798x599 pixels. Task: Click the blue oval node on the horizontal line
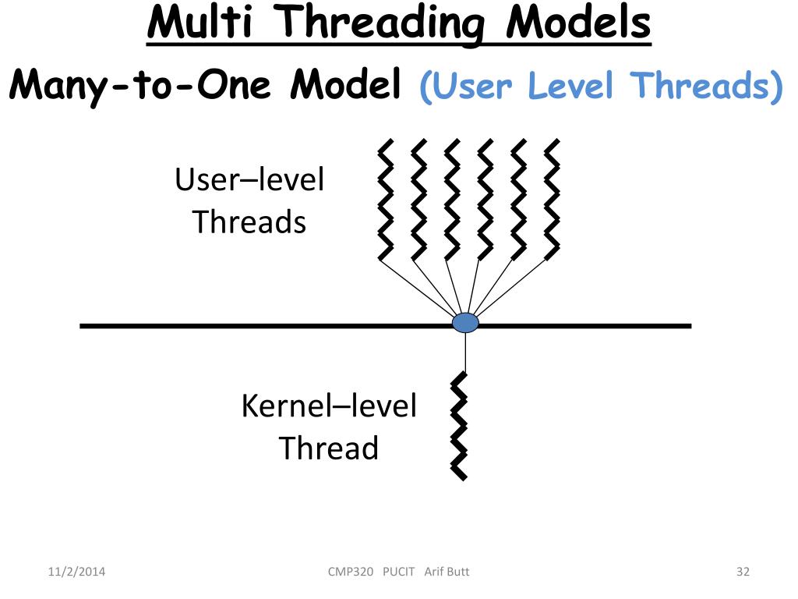pyautogui.click(x=465, y=323)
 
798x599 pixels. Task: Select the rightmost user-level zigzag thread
pyautogui.click(x=552, y=200)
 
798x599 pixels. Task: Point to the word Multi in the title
pyautogui.click(x=199, y=23)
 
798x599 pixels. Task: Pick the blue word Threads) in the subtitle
pyautogui.click(x=708, y=86)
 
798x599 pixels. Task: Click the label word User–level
pyautogui.click(x=249, y=180)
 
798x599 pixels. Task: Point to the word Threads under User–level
pyautogui.click(x=249, y=222)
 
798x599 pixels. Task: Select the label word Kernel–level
pyautogui.click(x=329, y=406)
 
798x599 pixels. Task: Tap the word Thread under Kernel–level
pyautogui.click(x=328, y=448)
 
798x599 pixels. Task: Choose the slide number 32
pyautogui.click(x=742, y=572)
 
